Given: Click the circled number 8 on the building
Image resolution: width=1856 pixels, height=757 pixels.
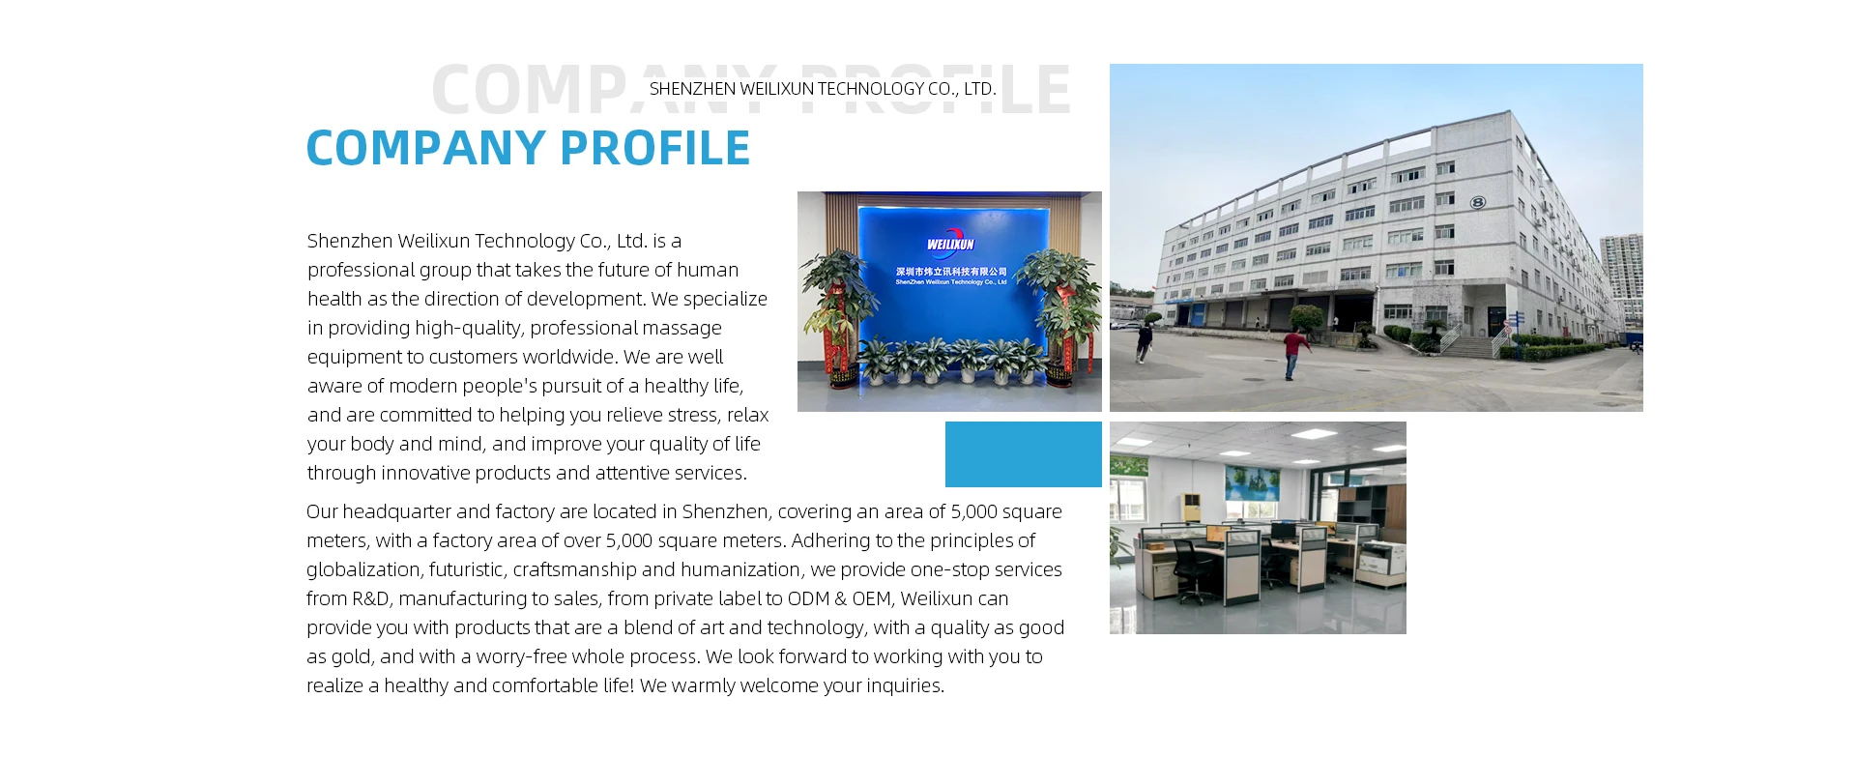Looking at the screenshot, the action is tap(1477, 202).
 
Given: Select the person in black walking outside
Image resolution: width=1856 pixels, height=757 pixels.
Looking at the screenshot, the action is tap(1145, 343).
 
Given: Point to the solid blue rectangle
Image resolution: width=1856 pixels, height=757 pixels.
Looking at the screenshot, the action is tap(1024, 454).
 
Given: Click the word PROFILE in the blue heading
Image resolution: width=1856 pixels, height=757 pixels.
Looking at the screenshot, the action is tap(655, 148).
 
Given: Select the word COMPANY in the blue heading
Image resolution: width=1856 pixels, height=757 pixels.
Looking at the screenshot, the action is tap(426, 148).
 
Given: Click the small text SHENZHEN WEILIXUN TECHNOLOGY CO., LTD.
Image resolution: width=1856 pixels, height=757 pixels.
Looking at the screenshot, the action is tap(823, 89).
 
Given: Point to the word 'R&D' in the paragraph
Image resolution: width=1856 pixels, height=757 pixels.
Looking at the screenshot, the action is tap(370, 598).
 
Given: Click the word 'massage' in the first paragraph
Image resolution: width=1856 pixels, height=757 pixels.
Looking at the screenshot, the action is tap(677, 328).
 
